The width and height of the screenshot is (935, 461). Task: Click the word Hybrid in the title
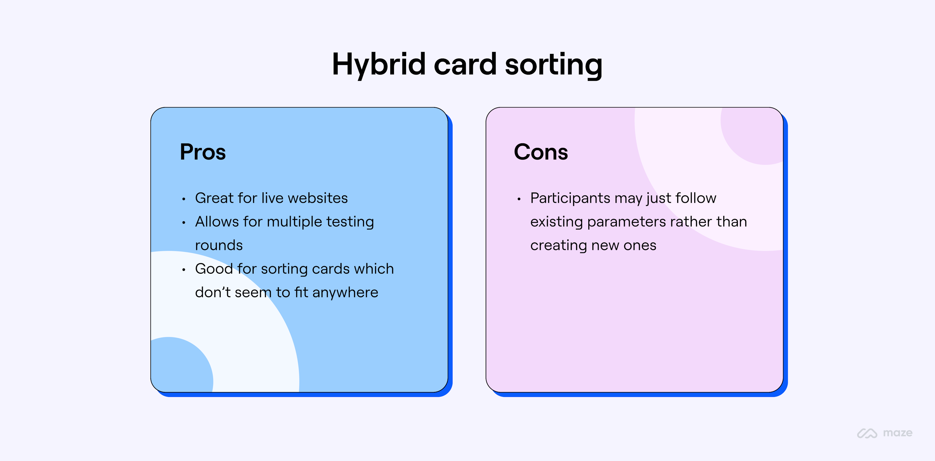click(379, 65)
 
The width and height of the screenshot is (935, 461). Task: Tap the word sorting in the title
click(553, 65)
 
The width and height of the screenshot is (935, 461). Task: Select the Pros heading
click(202, 152)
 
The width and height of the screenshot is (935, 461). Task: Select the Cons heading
click(541, 152)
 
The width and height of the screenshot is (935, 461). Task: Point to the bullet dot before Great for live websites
click(184, 199)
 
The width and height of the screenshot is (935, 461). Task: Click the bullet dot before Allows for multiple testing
click(184, 223)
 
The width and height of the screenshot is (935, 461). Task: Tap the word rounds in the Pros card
click(219, 246)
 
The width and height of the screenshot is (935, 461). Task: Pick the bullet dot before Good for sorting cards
click(184, 270)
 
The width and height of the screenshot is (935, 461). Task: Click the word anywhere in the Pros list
click(345, 293)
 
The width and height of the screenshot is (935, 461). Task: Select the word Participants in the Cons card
click(570, 198)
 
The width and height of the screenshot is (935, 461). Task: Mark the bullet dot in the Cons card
click(519, 199)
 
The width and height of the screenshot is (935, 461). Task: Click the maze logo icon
click(867, 433)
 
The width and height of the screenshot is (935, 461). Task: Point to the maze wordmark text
click(897, 433)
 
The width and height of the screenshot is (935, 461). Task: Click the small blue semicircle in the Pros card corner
click(181, 367)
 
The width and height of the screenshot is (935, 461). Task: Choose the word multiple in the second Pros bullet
click(294, 222)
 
